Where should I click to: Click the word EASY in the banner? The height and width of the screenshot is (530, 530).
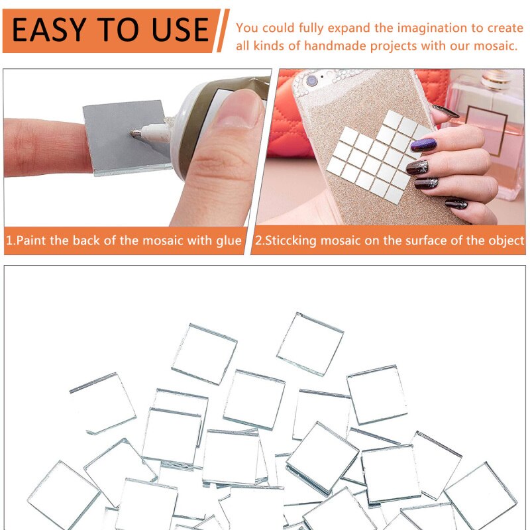[x=50, y=30]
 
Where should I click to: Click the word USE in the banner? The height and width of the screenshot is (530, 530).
[x=175, y=30]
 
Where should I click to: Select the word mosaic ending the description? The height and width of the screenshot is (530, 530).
[x=498, y=46]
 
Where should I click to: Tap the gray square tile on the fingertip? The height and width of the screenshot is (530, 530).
[x=123, y=136]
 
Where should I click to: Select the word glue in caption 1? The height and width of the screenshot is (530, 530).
[x=229, y=240]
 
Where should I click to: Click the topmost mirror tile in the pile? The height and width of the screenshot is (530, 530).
[x=310, y=343]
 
